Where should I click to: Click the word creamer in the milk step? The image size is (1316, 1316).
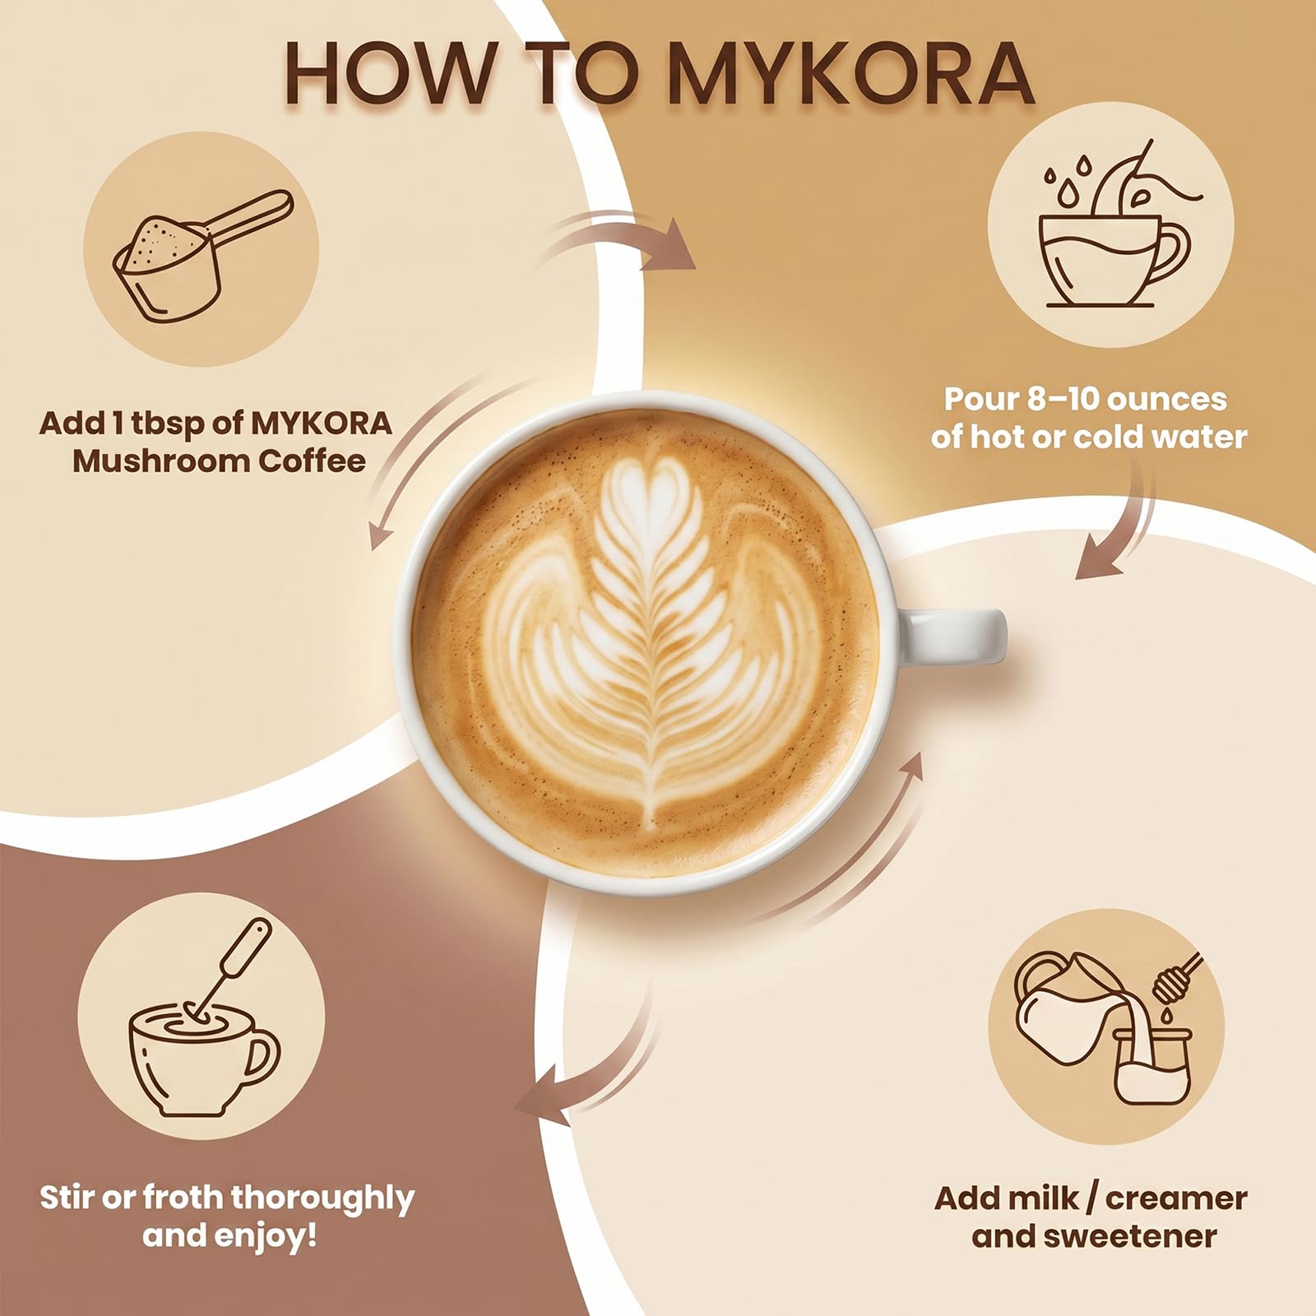(1176, 1198)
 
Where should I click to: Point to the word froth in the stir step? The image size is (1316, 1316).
(179, 1198)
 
